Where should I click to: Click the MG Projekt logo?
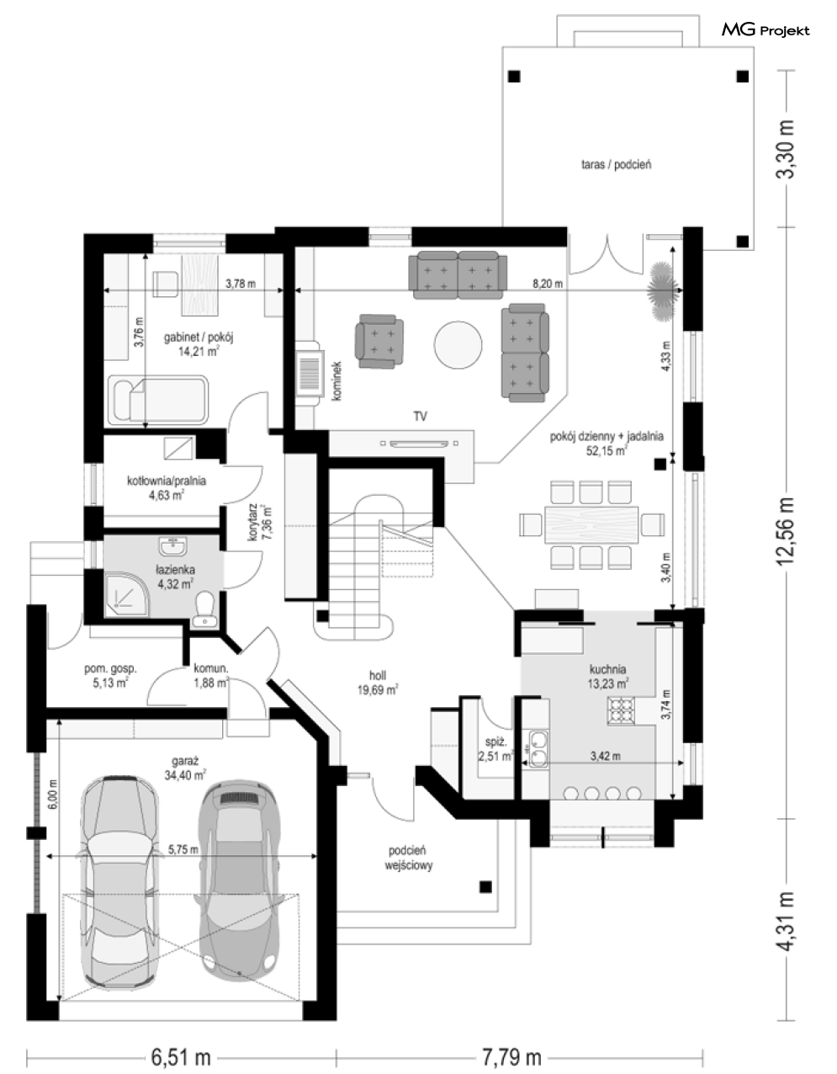tap(765, 30)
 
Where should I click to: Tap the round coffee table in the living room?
tap(458, 344)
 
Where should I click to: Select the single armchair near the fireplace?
tap(379, 341)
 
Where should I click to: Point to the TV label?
tap(421, 416)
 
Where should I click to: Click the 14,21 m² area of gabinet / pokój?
tap(199, 352)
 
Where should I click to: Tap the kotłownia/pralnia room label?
tap(167, 481)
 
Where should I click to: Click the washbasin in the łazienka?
tap(172, 547)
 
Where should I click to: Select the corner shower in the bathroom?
tap(125, 593)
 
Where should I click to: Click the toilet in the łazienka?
tap(204, 609)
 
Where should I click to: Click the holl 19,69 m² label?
tap(378, 683)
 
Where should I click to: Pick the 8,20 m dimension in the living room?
tap(548, 284)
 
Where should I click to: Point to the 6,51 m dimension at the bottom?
tap(181, 1057)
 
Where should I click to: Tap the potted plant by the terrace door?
tap(662, 290)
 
